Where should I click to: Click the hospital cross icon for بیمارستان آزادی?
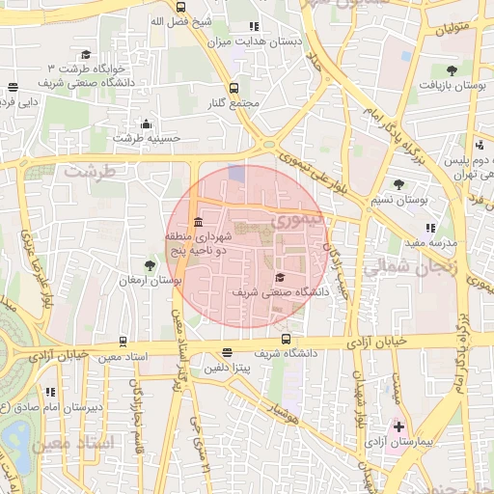pyautogui.click(x=398, y=425)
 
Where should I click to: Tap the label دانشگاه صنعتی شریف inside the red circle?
pyautogui.click(x=281, y=290)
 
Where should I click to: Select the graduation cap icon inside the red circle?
pyautogui.click(x=280, y=277)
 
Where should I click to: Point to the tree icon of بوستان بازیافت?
pyautogui.click(x=451, y=70)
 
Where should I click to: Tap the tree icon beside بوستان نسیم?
pyautogui.click(x=398, y=184)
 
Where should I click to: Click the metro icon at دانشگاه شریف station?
pyautogui.click(x=286, y=339)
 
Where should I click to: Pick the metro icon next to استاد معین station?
pyautogui.click(x=123, y=342)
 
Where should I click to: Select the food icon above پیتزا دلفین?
pyautogui.click(x=227, y=353)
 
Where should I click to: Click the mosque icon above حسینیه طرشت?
pyautogui.click(x=146, y=123)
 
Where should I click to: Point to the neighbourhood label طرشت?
pyautogui.click(x=90, y=170)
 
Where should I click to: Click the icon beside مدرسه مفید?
pyautogui.click(x=430, y=229)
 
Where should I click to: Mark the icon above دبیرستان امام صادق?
pyautogui.click(x=49, y=392)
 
